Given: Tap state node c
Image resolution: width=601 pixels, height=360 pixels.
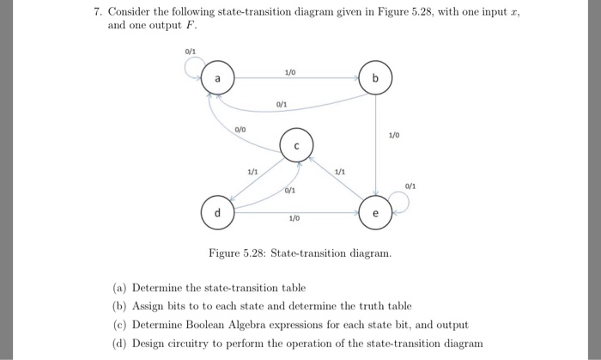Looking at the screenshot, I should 295,145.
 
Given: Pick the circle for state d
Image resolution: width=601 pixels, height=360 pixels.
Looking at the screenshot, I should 217,211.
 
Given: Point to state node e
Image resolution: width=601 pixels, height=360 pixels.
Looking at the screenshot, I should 376,211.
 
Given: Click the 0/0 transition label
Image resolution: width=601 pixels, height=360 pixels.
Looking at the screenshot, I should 241,129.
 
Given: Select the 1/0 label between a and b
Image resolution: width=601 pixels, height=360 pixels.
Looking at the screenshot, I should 293,71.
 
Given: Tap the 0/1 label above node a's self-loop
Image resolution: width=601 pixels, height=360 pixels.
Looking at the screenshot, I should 190,51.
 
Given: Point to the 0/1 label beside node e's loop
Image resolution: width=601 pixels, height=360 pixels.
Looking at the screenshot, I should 410,186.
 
